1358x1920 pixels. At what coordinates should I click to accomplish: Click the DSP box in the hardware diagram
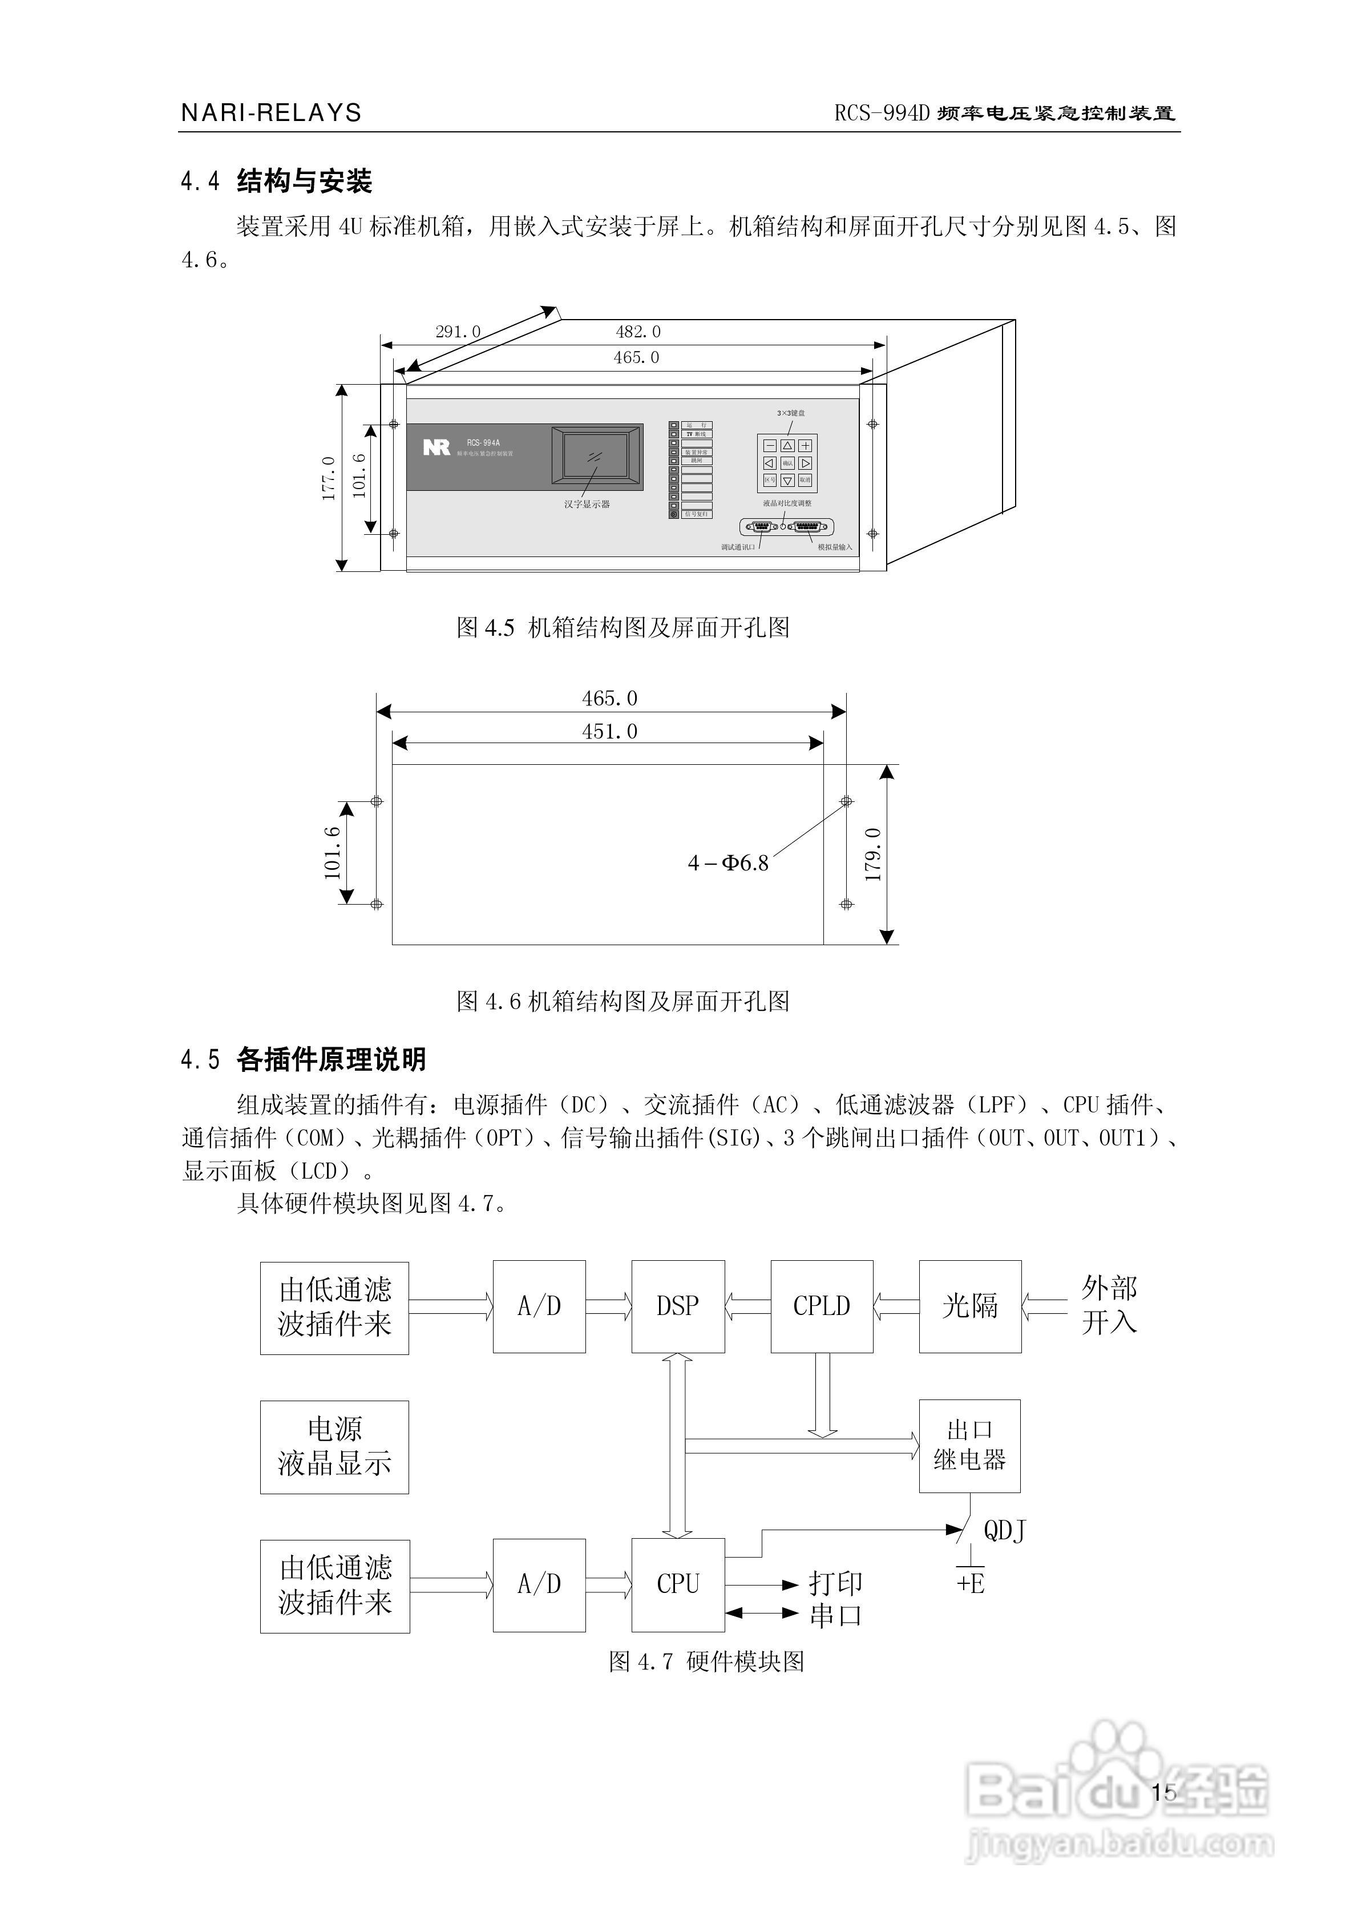(x=677, y=1306)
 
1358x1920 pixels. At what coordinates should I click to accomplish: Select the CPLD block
(x=821, y=1306)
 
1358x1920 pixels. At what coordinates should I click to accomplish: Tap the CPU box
(x=677, y=1584)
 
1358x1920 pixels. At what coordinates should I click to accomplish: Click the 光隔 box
(x=970, y=1306)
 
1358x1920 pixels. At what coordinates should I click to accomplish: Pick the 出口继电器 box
(x=969, y=1446)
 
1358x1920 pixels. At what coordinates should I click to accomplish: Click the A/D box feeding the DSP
(x=539, y=1306)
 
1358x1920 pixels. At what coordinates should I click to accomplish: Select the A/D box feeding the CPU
(x=539, y=1584)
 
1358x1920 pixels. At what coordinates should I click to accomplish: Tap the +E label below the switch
(x=971, y=1583)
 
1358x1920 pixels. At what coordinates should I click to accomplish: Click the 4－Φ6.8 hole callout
(x=727, y=863)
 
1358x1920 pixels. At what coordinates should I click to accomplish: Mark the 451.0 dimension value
(x=609, y=732)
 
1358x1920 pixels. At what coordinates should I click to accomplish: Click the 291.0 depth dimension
(x=458, y=332)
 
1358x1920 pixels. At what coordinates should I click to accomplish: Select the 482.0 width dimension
(x=638, y=332)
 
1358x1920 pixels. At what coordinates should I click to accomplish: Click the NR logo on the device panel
(x=436, y=447)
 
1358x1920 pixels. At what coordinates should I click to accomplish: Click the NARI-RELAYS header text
(x=271, y=113)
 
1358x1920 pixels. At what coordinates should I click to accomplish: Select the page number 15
(x=1163, y=1792)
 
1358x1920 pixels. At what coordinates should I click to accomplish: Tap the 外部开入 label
(x=1109, y=1305)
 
